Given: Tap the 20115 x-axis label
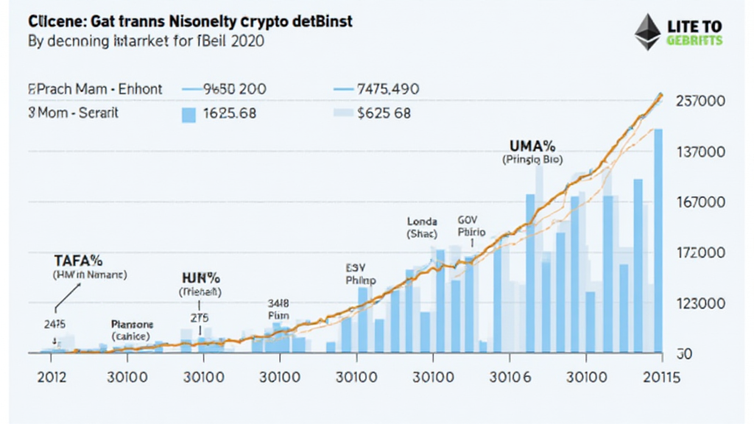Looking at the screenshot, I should (x=660, y=378).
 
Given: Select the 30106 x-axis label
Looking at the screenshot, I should (x=510, y=378).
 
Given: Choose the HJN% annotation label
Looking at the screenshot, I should (x=202, y=278).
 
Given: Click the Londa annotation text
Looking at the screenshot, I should (x=422, y=221).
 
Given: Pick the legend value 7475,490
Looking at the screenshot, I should (x=387, y=89).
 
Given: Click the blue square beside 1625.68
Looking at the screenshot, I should (x=188, y=114).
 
